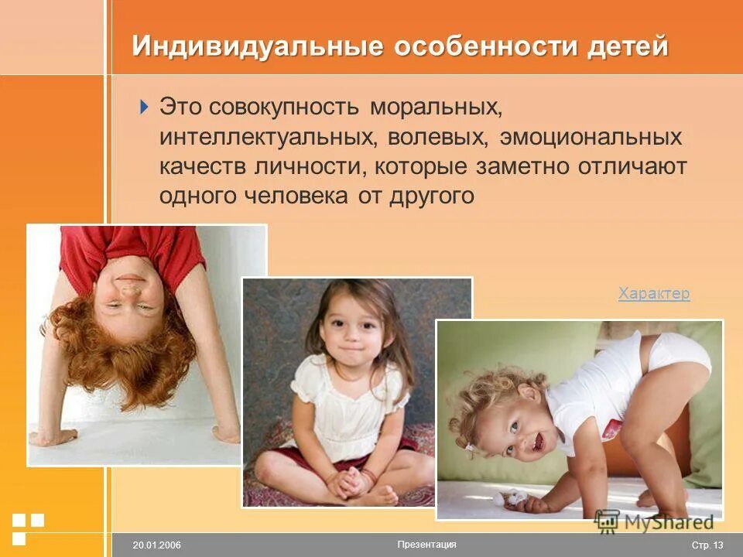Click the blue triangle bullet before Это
(144, 107)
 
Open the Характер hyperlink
(653, 294)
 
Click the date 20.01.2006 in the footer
(156, 545)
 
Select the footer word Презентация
(426, 545)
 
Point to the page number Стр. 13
(706, 545)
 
